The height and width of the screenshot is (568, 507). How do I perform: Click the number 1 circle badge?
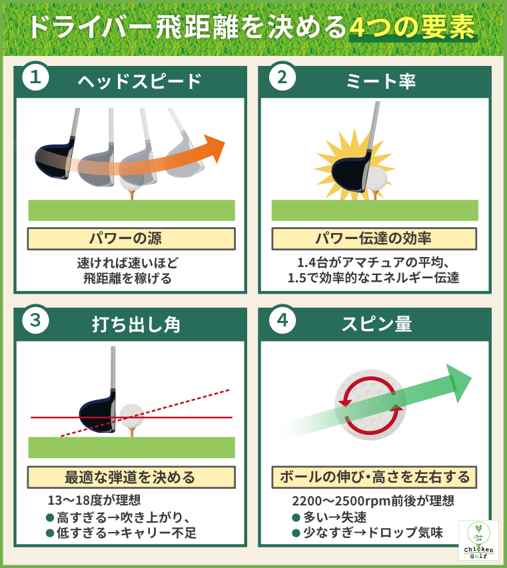34,78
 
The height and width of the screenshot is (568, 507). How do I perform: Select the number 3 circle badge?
34,320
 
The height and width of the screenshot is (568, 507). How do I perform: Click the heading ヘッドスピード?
139,81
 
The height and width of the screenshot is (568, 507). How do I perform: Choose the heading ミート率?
382,81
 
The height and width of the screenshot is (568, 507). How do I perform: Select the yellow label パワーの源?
131,238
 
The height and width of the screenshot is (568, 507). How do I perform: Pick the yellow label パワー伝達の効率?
374,238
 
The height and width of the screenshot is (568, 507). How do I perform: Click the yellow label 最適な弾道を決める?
131,477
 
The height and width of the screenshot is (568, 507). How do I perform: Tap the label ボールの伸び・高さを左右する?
374,477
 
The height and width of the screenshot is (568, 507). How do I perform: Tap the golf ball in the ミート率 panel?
378,178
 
